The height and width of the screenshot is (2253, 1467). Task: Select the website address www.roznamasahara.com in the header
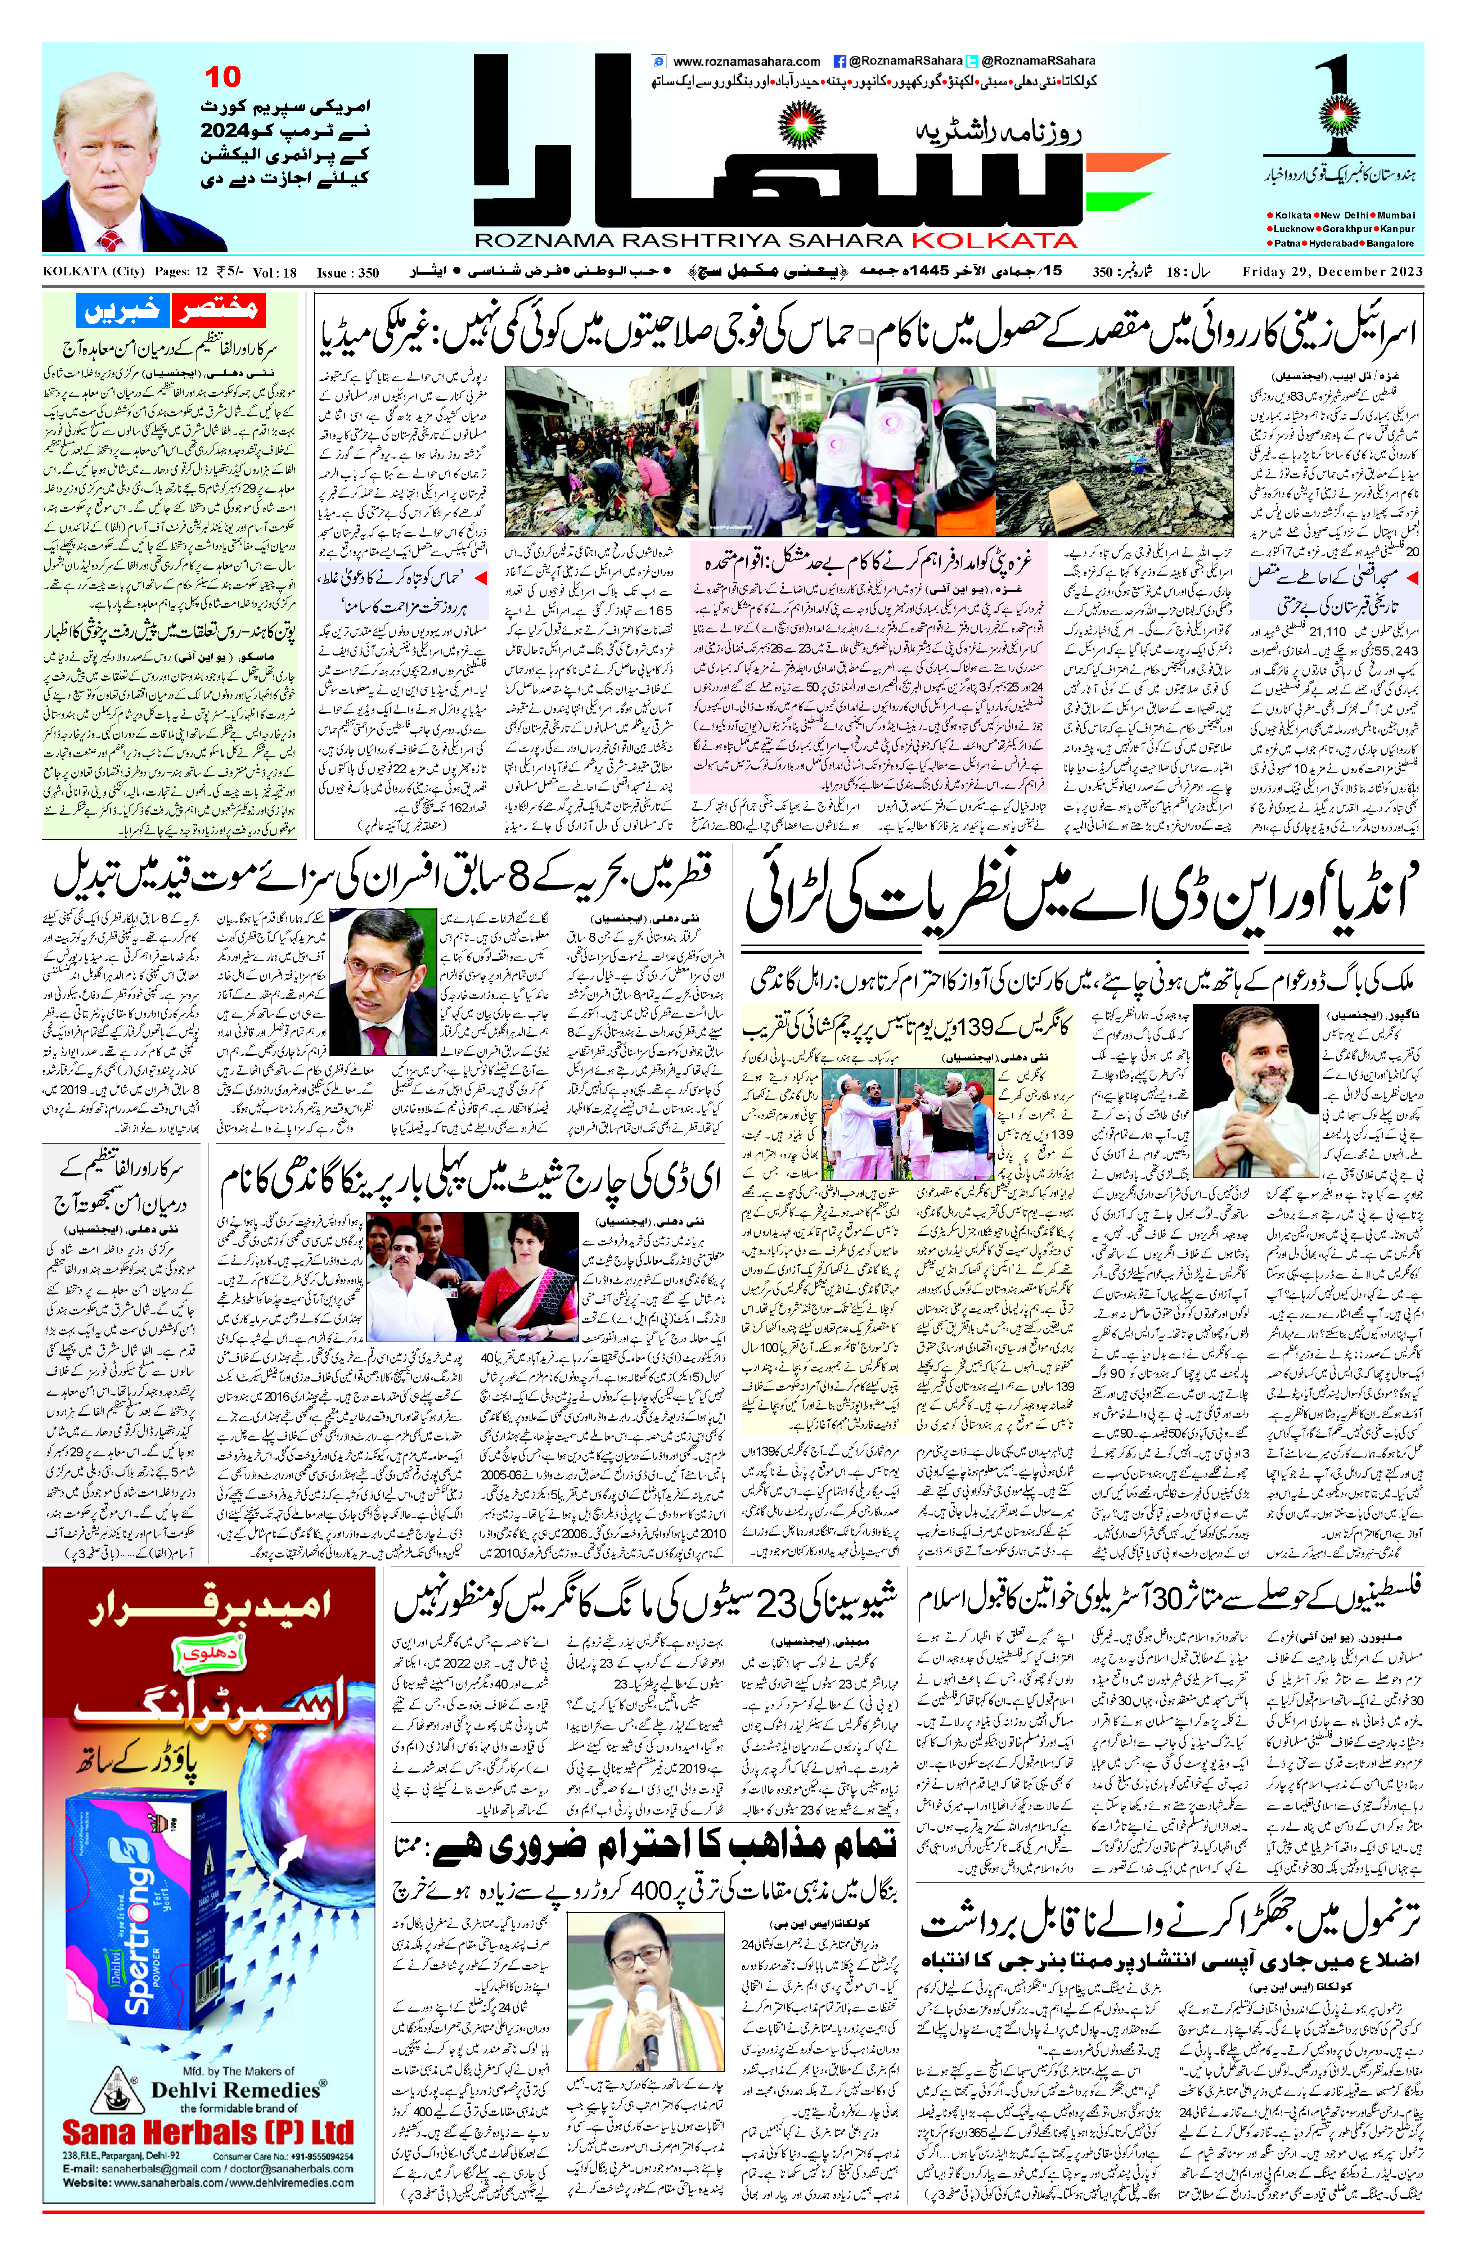(746, 60)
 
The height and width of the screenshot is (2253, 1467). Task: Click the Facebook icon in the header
(838, 60)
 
